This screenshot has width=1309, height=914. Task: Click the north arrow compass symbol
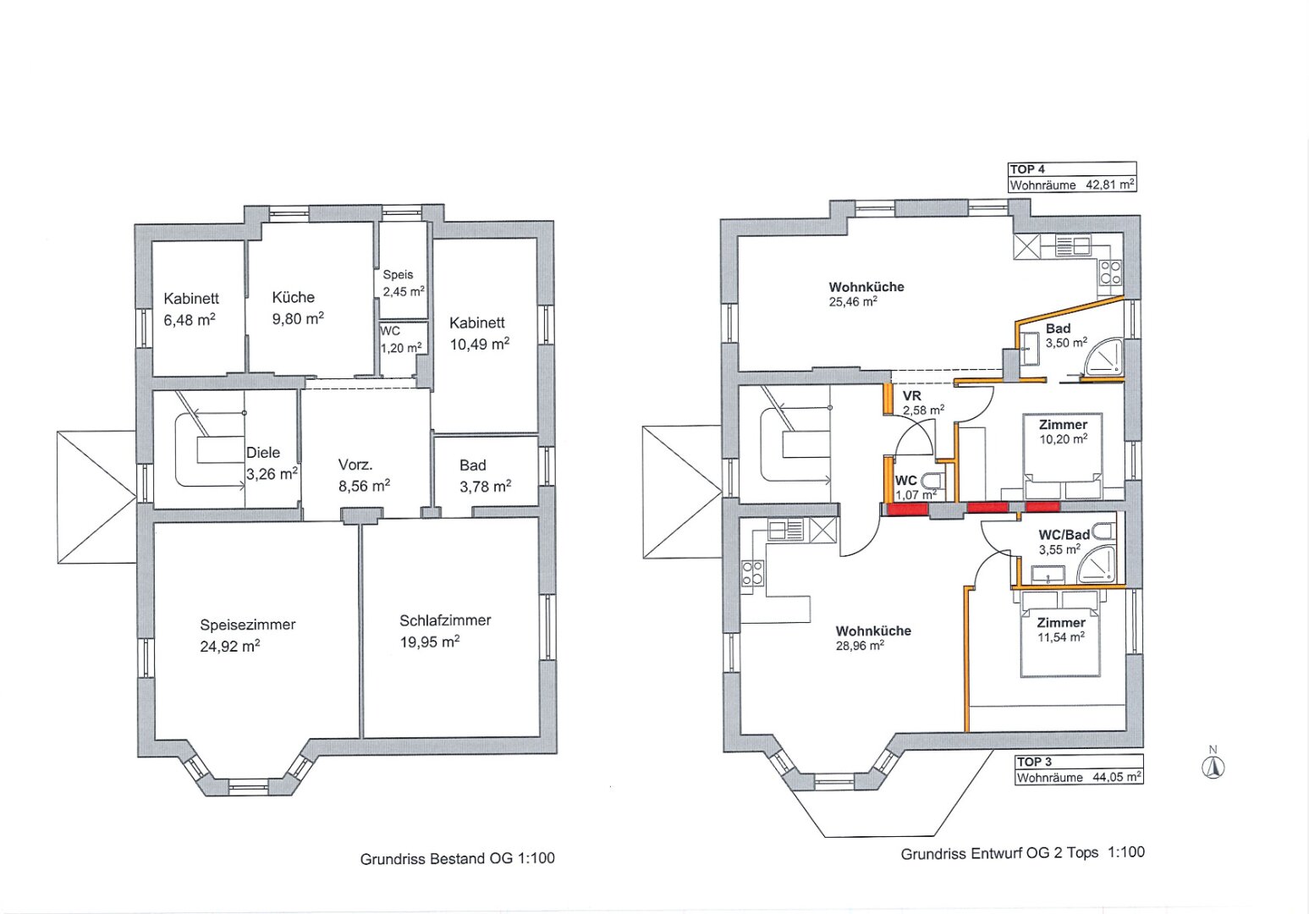[x=1213, y=767]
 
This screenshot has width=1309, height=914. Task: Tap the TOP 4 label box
[x=1072, y=177]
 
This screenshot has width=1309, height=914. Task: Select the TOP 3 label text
[x=1034, y=762]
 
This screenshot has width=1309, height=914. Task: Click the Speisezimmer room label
[x=248, y=625]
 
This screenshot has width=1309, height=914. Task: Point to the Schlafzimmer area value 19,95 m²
[x=430, y=642]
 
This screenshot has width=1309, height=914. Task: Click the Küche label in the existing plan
[x=294, y=297]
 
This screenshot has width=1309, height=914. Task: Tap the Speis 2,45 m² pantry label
[x=404, y=283]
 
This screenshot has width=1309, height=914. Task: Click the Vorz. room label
[x=355, y=465]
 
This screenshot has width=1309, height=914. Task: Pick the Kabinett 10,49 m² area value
[x=479, y=344]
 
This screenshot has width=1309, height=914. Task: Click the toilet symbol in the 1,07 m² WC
[x=932, y=481]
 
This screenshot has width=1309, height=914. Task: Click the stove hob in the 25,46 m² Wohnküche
[x=1110, y=273]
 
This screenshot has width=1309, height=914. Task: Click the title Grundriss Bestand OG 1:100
[x=458, y=858]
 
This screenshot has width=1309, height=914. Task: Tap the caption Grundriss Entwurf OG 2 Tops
[x=1000, y=853]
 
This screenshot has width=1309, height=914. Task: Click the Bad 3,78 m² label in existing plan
[x=485, y=476]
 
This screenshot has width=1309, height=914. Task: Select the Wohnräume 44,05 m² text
[x=1079, y=777]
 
